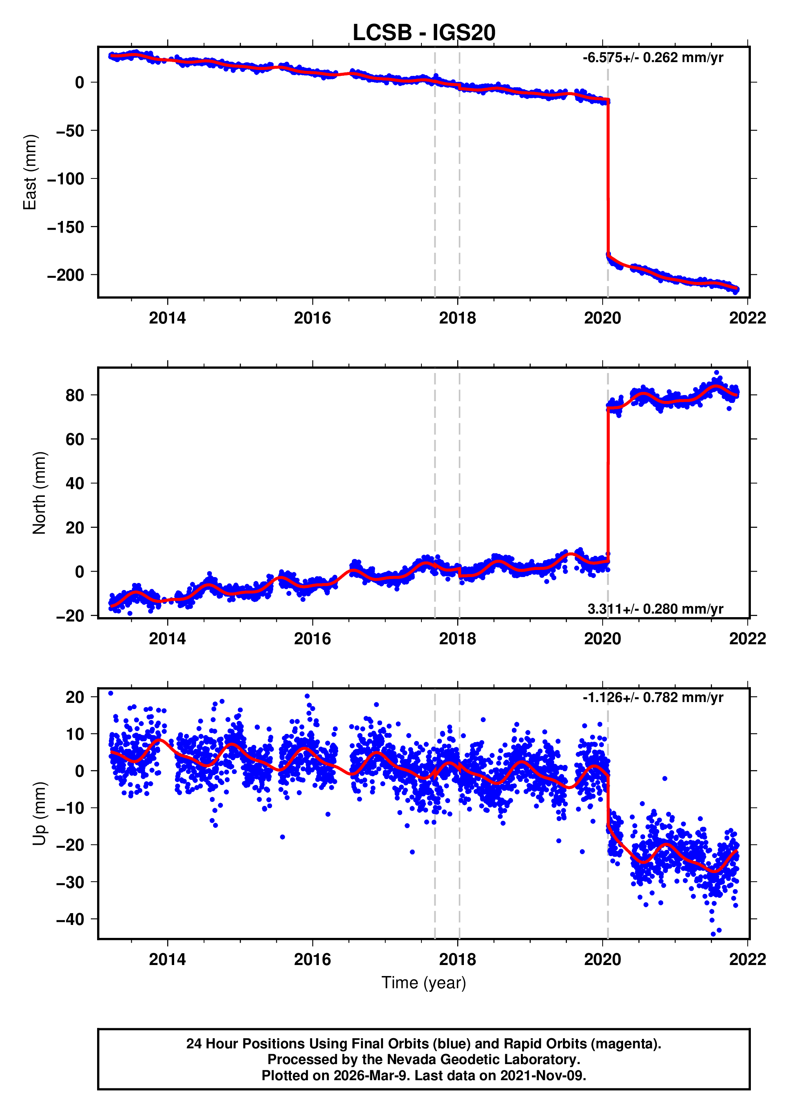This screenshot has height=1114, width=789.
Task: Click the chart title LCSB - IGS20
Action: [x=424, y=33]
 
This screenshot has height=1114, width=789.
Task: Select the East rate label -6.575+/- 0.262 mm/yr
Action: [x=653, y=58]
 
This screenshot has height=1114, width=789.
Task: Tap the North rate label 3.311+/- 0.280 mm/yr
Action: [x=655, y=609]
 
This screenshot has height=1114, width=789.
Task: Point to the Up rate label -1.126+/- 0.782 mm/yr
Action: [x=653, y=698]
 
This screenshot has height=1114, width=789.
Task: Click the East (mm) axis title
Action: [x=30, y=173]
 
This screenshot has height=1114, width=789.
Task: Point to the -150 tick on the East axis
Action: [x=66, y=227]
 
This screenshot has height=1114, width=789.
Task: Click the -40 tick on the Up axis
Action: [x=70, y=919]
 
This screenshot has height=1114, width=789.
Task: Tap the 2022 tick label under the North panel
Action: [x=747, y=639]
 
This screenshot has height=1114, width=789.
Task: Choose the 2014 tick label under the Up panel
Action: [x=167, y=960]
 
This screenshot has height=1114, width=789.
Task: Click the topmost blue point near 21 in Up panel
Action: [x=111, y=693]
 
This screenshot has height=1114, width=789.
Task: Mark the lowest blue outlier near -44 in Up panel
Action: [x=713, y=934]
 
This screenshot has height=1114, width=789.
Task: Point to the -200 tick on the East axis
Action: [x=66, y=275]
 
